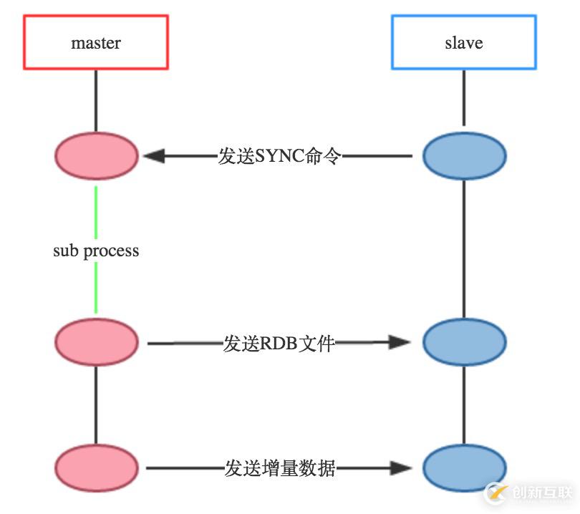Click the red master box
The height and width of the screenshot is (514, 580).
point(96,43)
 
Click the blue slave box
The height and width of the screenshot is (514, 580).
point(463,43)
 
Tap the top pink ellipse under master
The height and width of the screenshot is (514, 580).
point(96,155)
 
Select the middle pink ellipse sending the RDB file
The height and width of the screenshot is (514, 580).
point(96,343)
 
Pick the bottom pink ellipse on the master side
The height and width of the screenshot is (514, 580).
point(96,468)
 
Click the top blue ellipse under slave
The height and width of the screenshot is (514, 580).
point(464,155)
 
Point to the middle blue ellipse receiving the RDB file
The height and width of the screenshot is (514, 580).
point(464,343)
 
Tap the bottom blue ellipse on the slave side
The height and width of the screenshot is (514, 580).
point(464,468)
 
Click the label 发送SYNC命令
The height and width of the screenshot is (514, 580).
point(279,156)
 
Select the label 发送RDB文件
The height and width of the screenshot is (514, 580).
point(279,344)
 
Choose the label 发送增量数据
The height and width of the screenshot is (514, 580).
point(279,469)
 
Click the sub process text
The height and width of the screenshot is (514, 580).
point(96,251)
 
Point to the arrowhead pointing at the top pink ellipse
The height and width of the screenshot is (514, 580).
point(153,155)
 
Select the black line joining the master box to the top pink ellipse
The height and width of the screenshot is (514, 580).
point(96,100)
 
